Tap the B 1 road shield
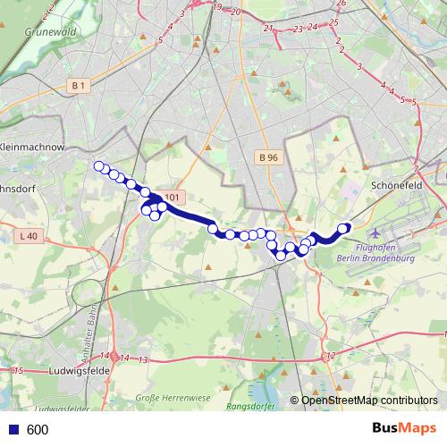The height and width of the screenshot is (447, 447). coord(79,85)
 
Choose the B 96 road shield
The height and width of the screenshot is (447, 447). coord(267,157)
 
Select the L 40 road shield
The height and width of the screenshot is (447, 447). coord(28,236)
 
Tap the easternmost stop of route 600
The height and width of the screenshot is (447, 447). coord(343,228)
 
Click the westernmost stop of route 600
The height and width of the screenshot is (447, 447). coord(99,165)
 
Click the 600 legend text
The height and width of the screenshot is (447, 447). coord(38,429)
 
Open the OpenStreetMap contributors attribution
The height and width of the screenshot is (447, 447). coord(369,401)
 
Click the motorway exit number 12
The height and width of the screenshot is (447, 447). coord(331,356)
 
